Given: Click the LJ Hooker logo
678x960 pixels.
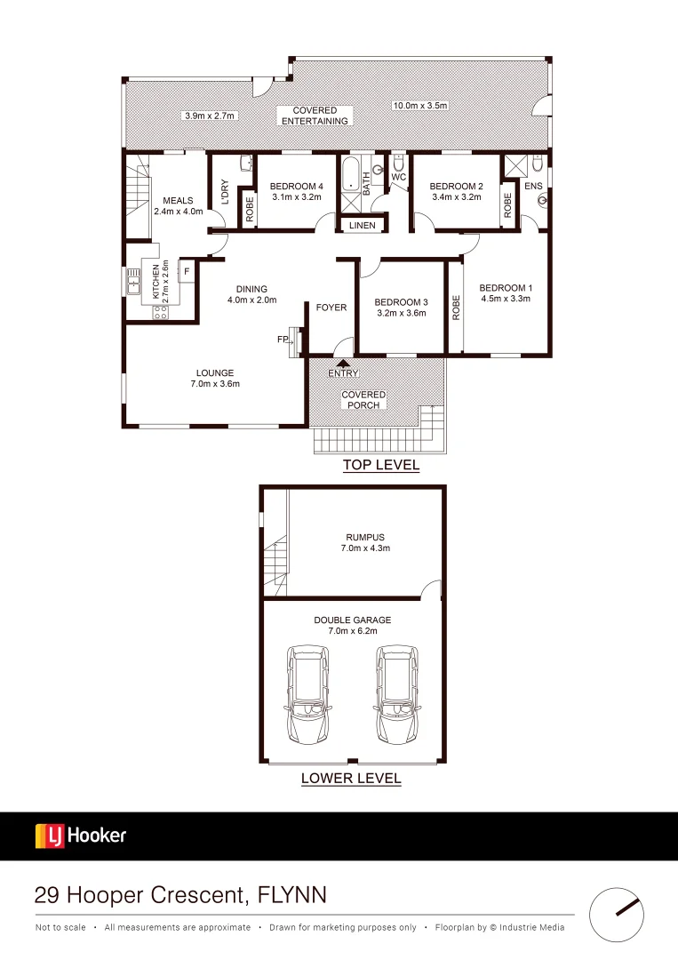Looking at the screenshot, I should [x=81, y=836].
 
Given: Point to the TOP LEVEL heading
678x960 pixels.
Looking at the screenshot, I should [x=381, y=465].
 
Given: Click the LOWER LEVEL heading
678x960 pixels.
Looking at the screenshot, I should [x=351, y=779].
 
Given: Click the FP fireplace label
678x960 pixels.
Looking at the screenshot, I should [x=283, y=340].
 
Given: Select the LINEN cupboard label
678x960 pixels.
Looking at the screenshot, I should [x=362, y=226].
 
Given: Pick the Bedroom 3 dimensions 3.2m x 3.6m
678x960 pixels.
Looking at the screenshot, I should [x=401, y=313].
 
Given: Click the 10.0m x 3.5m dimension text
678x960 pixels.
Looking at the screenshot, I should [x=420, y=106].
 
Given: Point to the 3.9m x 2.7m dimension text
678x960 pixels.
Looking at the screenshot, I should [x=208, y=116].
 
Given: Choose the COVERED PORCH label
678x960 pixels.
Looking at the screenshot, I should [x=363, y=399].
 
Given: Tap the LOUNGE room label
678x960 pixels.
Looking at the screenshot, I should [x=215, y=372].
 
